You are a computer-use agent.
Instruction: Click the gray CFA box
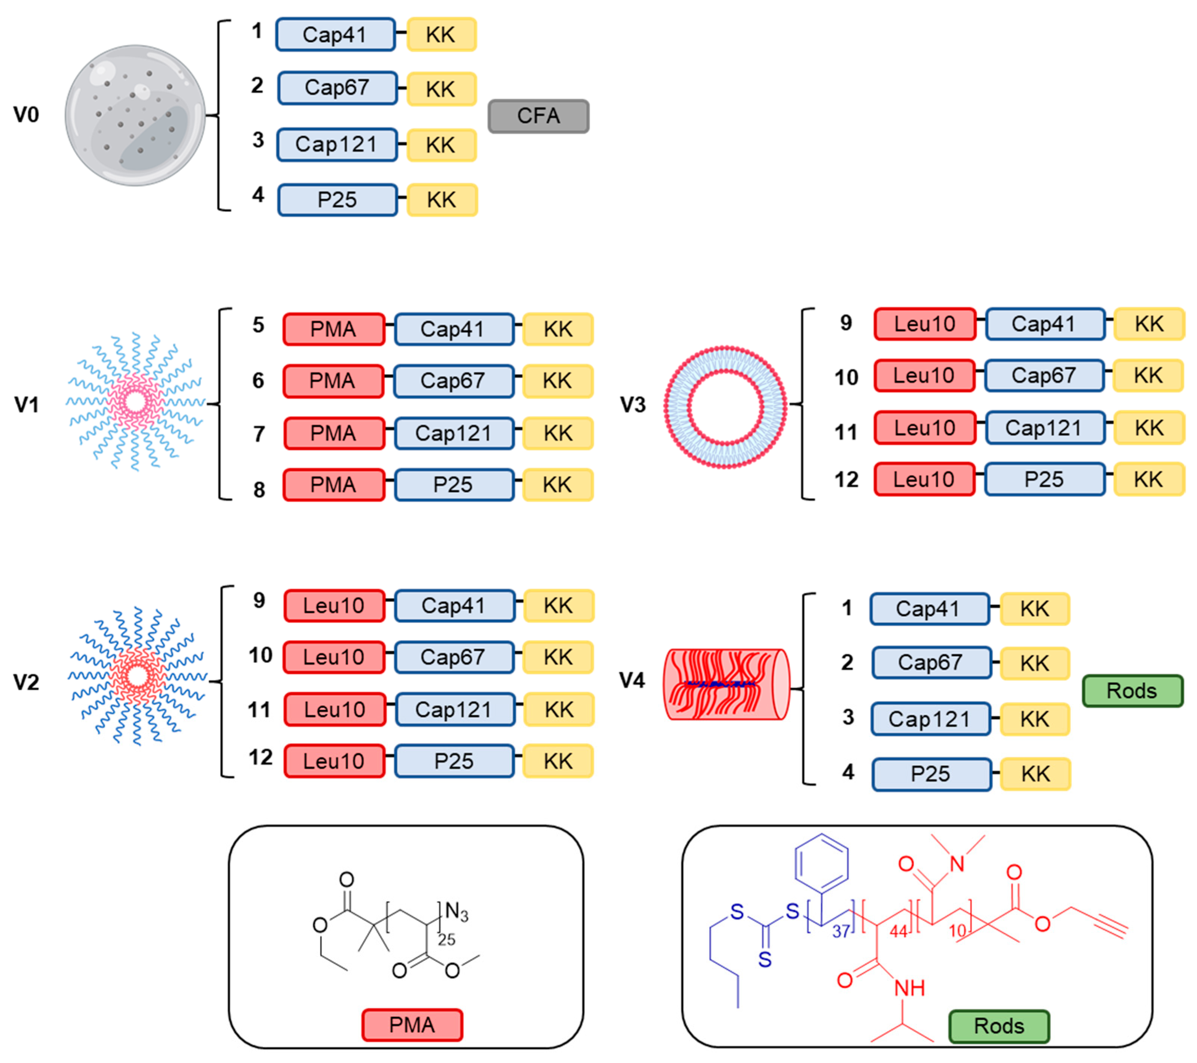(x=538, y=116)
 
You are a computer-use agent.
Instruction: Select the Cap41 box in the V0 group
(x=335, y=35)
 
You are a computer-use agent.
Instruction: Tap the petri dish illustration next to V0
(x=135, y=115)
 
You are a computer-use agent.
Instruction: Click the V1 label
(x=26, y=404)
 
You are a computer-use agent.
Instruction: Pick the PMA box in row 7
(x=333, y=433)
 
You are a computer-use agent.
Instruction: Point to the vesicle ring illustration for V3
(x=725, y=407)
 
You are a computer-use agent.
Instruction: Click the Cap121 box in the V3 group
(x=1044, y=428)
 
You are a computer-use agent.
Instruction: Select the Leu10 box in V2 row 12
(x=334, y=761)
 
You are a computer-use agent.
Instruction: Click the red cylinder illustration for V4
(x=726, y=684)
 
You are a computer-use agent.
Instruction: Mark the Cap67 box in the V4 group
(x=931, y=662)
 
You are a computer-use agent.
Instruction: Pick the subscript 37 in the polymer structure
(x=841, y=931)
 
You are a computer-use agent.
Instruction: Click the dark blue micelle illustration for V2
(x=137, y=676)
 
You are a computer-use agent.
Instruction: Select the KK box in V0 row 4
(x=441, y=200)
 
